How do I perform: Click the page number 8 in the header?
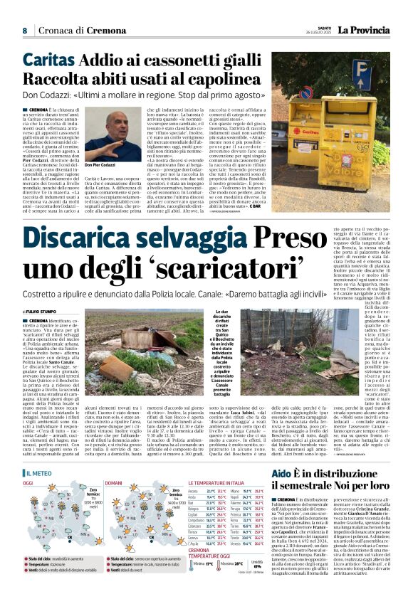tap(24, 31)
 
